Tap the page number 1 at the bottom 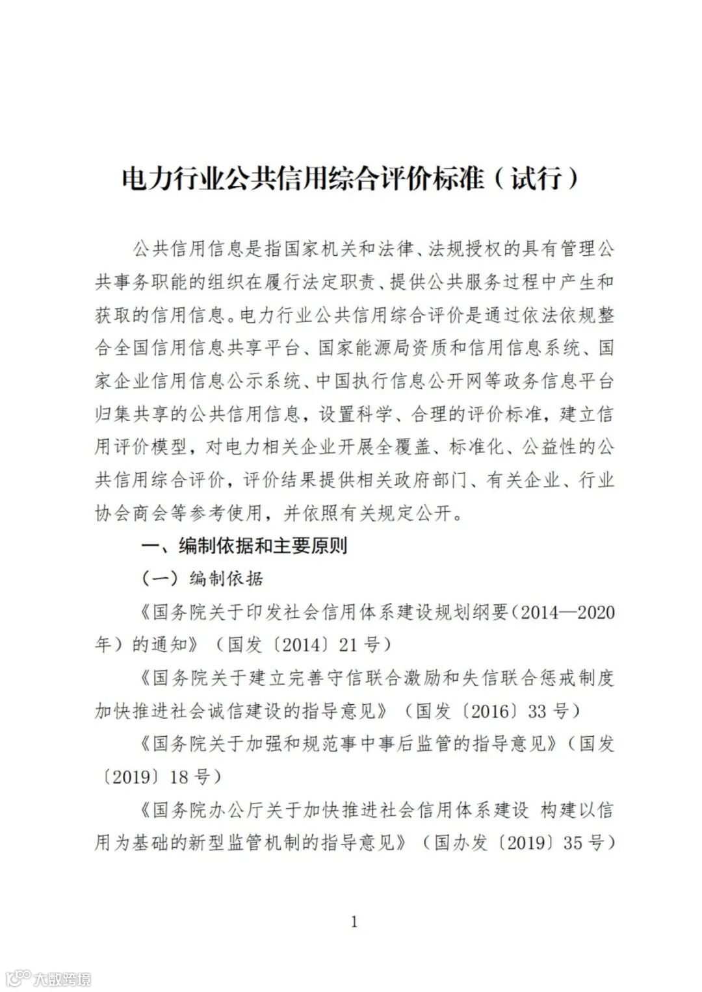pyautogui.click(x=354, y=921)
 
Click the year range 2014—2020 pyautogui.click(x=567, y=612)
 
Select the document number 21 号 pyautogui.click(x=369, y=645)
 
